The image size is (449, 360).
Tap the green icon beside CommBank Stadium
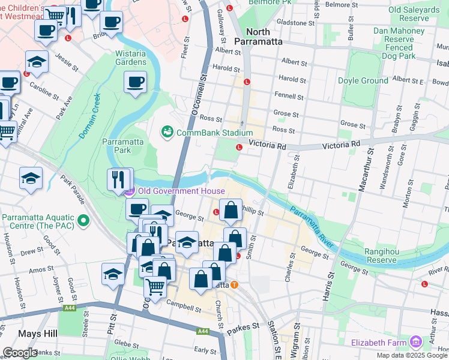(x=166, y=131)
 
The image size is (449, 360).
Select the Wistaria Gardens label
(x=130, y=58)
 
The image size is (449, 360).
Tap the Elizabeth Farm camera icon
(x=414, y=342)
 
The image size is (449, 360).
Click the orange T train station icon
(x=234, y=284)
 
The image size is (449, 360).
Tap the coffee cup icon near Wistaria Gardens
(x=135, y=81)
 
